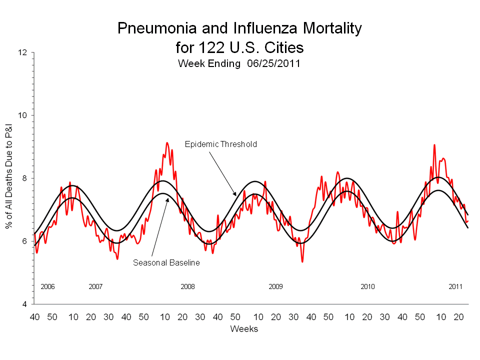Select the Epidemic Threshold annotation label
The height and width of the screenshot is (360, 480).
(220, 144)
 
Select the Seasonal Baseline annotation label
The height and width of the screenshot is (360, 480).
(166, 262)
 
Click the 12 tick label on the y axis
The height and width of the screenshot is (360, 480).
(24, 52)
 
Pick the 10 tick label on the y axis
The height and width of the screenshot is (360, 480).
(24, 115)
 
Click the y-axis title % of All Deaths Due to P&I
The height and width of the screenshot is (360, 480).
(9, 178)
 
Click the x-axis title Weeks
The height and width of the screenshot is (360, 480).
(244, 329)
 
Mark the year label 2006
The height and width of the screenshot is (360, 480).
(47, 287)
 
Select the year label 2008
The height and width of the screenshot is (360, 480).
(187, 287)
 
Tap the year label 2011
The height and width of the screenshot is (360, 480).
(455, 287)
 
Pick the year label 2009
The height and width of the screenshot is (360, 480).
(275, 287)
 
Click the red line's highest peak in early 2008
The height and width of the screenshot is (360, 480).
(167, 143)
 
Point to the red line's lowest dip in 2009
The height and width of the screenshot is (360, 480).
(302, 261)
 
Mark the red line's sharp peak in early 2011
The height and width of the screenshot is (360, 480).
(434, 145)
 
